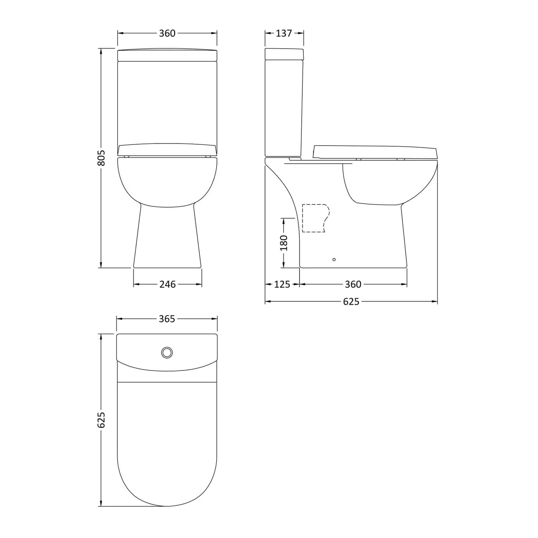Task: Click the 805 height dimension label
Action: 102,158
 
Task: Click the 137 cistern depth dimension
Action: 284,33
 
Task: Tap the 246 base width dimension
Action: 167,284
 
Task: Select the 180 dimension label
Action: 284,243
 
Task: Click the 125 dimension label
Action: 282,284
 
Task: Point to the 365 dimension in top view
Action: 167,319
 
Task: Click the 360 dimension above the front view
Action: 167,33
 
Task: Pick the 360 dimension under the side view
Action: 353,284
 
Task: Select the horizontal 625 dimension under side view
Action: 351,302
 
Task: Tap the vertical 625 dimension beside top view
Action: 102,420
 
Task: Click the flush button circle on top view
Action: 167,353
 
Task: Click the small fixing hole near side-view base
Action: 334,259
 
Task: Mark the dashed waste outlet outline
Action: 315,218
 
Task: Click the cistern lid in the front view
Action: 167,55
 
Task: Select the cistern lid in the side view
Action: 284,54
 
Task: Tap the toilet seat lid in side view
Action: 375,152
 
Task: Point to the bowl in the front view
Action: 167,181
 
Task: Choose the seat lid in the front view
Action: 167,150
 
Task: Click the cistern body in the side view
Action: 283,108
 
